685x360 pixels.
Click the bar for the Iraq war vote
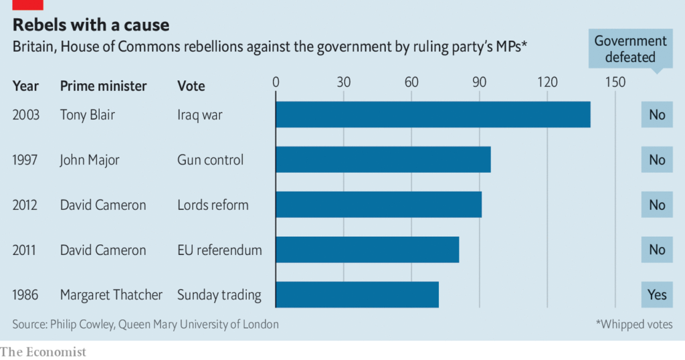(x=433, y=114)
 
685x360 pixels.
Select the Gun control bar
(x=383, y=159)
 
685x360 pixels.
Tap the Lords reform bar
(x=379, y=205)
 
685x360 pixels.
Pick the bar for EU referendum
(x=367, y=250)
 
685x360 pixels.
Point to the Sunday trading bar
(x=357, y=294)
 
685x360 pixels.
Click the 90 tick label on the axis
(x=480, y=82)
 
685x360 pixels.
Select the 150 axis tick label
(x=615, y=82)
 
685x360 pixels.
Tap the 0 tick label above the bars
(x=276, y=82)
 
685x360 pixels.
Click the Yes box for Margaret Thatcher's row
(x=657, y=294)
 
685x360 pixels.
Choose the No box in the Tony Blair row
(x=657, y=114)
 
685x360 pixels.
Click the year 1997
(x=25, y=160)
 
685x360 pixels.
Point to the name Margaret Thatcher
(x=111, y=295)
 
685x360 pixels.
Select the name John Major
(x=90, y=160)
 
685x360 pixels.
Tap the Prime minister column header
(x=103, y=86)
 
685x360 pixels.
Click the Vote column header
(x=191, y=86)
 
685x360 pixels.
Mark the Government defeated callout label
(x=630, y=49)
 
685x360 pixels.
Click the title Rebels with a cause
(x=91, y=25)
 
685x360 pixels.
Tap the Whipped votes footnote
(x=634, y=325)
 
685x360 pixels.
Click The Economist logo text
(x=43, y=351)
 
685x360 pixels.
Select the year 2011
(x=25, y=250)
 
